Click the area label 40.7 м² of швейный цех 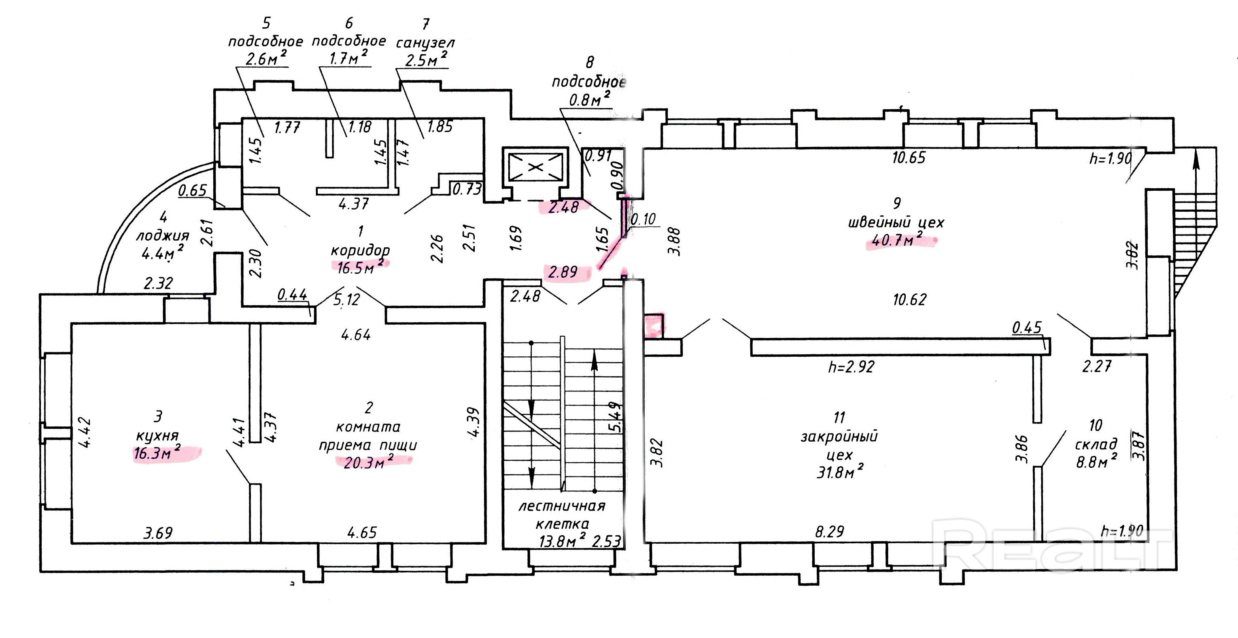[x=897, y=238]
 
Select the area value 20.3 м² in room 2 [x=369, y=461]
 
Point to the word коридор [x=361, y=251]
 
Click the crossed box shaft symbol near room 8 [x=535, y=167]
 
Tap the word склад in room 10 [x=1096, y=444]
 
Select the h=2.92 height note [x=851, y=367]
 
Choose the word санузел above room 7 [x=425, y=43]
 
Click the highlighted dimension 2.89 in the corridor [x=562, y=272]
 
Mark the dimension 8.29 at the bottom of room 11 [x=830, y=531]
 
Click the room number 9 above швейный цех [x=897, y=203]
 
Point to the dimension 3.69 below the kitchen [x=158, y=533]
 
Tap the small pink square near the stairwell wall [x=654, y=325]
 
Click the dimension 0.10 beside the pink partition [x=643, y=219]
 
